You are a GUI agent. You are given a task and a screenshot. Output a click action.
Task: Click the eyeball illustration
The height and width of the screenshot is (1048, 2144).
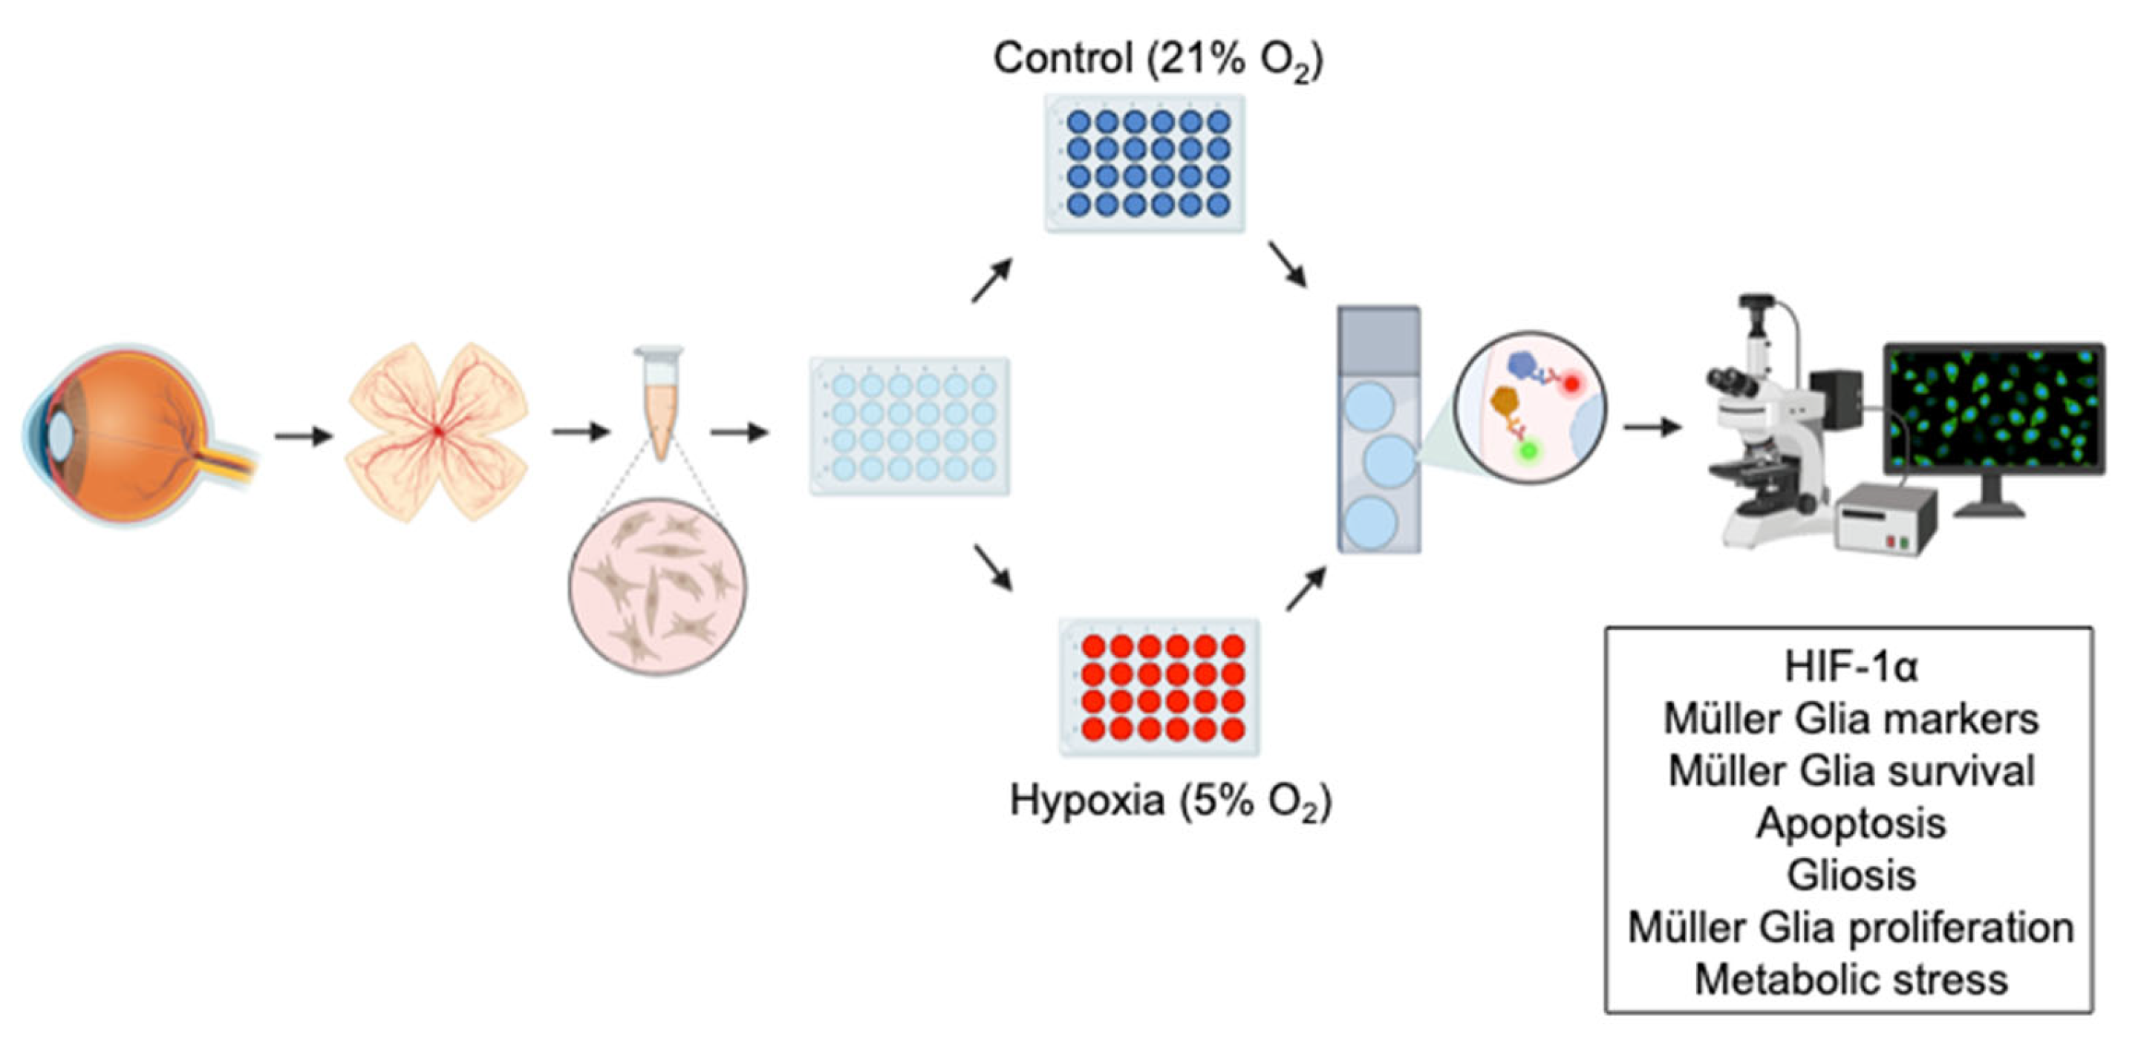133,433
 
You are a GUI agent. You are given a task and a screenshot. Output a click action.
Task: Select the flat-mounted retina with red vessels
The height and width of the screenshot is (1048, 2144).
437,432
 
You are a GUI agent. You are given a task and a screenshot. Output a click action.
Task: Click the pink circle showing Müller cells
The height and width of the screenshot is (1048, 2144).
657,587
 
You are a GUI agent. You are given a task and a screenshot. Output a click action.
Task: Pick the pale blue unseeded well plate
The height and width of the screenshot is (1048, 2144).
910,426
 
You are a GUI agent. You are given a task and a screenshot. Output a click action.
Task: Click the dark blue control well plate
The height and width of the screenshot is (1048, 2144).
1146,163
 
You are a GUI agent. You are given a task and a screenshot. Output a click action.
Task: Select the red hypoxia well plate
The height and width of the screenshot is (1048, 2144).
1159,687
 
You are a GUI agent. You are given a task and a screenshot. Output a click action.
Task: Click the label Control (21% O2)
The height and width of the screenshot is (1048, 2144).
1158,58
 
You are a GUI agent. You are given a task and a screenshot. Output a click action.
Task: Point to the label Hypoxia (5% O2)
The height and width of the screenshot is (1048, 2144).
1170,801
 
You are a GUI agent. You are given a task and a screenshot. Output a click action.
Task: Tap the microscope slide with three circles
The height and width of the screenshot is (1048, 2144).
1378,429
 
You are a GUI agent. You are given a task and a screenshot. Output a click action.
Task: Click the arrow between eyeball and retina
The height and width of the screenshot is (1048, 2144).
303,435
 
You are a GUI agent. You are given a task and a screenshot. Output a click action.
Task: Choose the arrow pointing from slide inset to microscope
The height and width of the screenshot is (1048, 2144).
1652,427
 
